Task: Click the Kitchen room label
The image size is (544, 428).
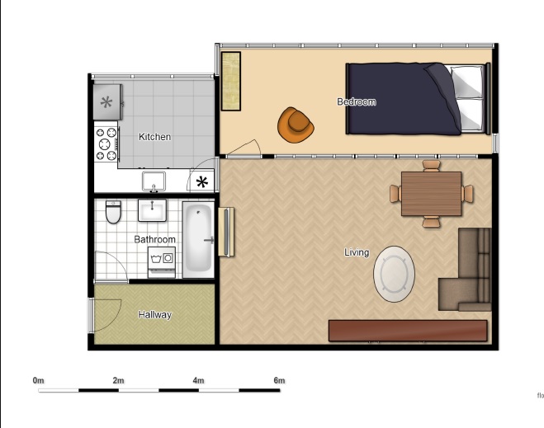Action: (x=154, y=137)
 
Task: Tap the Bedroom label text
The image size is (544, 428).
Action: (x=357, y=102)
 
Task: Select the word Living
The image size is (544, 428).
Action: (x=357, y=252)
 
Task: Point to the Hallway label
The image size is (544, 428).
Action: (x=154, y=315)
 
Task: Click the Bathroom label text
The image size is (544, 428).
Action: (x=155, y=240)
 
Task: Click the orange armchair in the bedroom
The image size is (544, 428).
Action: (x=296, y=123)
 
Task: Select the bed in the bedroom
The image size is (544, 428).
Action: (x=414, y=99)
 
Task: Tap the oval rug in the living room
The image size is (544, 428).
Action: (x=394, y=275)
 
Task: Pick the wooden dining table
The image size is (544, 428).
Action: (x=431, y=194)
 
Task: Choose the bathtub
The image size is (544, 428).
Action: (x=198, y=240)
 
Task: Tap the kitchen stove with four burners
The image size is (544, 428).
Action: (x=106, y=143)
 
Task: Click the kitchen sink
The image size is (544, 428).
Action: (x=154, y=180)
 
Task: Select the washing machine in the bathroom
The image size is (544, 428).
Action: (x=162, y=262)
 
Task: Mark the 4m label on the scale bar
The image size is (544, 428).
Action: (x=198, y=381)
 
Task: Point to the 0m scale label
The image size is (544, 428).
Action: (x=38, y=381)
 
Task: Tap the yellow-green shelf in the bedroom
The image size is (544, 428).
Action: (x=231, y=81)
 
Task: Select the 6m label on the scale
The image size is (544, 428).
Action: (x=279, y=381)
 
